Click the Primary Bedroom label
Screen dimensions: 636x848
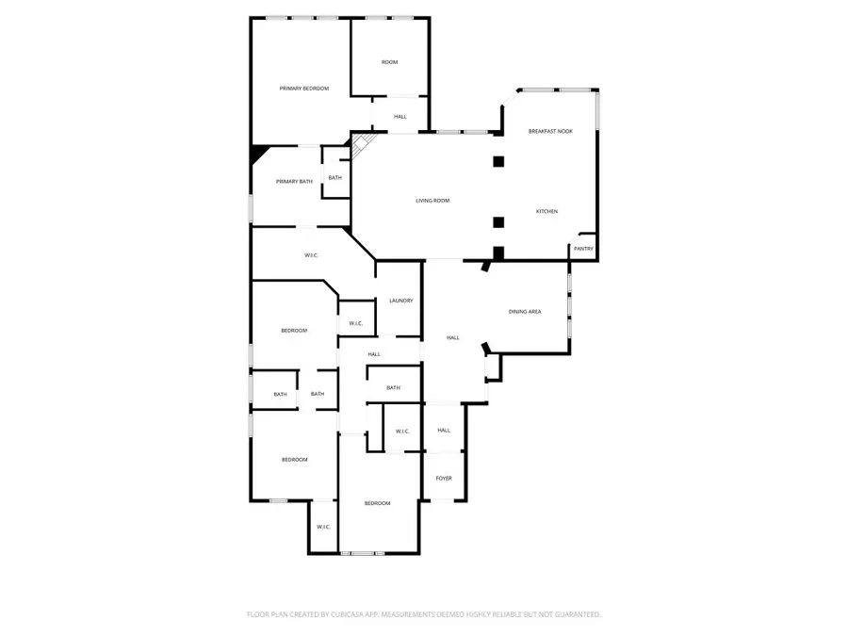point(304,88)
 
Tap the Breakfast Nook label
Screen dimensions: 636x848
point(550,131)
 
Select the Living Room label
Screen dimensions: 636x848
point(433,200)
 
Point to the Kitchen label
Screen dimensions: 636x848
point(547,211)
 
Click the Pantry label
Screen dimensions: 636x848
point(583,249)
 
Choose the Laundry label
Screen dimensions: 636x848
point(401,301)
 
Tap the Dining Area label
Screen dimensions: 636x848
point(525,311)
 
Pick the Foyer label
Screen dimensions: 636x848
point(444,478)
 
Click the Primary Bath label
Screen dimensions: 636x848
point(294,181)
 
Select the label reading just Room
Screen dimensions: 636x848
point(389,62)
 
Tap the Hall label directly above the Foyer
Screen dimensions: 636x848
point(444,430)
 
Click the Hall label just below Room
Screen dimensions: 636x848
point(400,116)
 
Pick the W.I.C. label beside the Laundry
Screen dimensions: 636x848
point(356,323)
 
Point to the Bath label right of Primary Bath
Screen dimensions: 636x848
point(335,177)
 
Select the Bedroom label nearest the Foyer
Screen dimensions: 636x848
point(378,503)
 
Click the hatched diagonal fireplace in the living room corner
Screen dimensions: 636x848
point(362,145)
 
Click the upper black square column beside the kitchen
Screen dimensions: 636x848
point(498,161)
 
